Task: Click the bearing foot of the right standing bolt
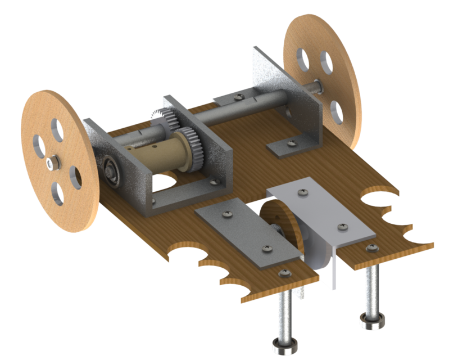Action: (x=372, y=320)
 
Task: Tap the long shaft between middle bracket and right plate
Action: (x=225, y=112)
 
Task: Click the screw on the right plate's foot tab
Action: (x=291, y=143)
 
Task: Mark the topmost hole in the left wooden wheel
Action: (x=56, y=127)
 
